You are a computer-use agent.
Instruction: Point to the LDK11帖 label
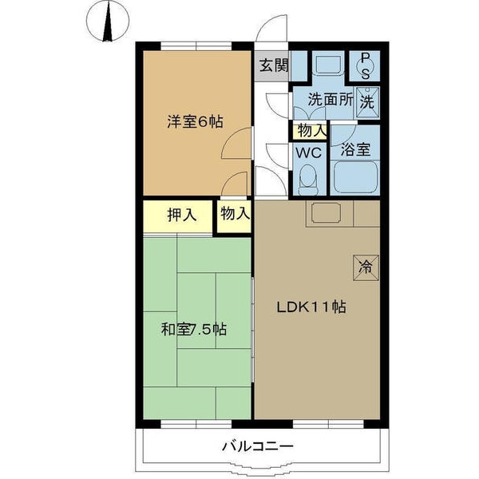pos(311,307)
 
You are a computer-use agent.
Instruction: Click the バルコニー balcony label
pos(257,447)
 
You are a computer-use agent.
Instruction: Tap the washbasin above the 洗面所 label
pos(327,66)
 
